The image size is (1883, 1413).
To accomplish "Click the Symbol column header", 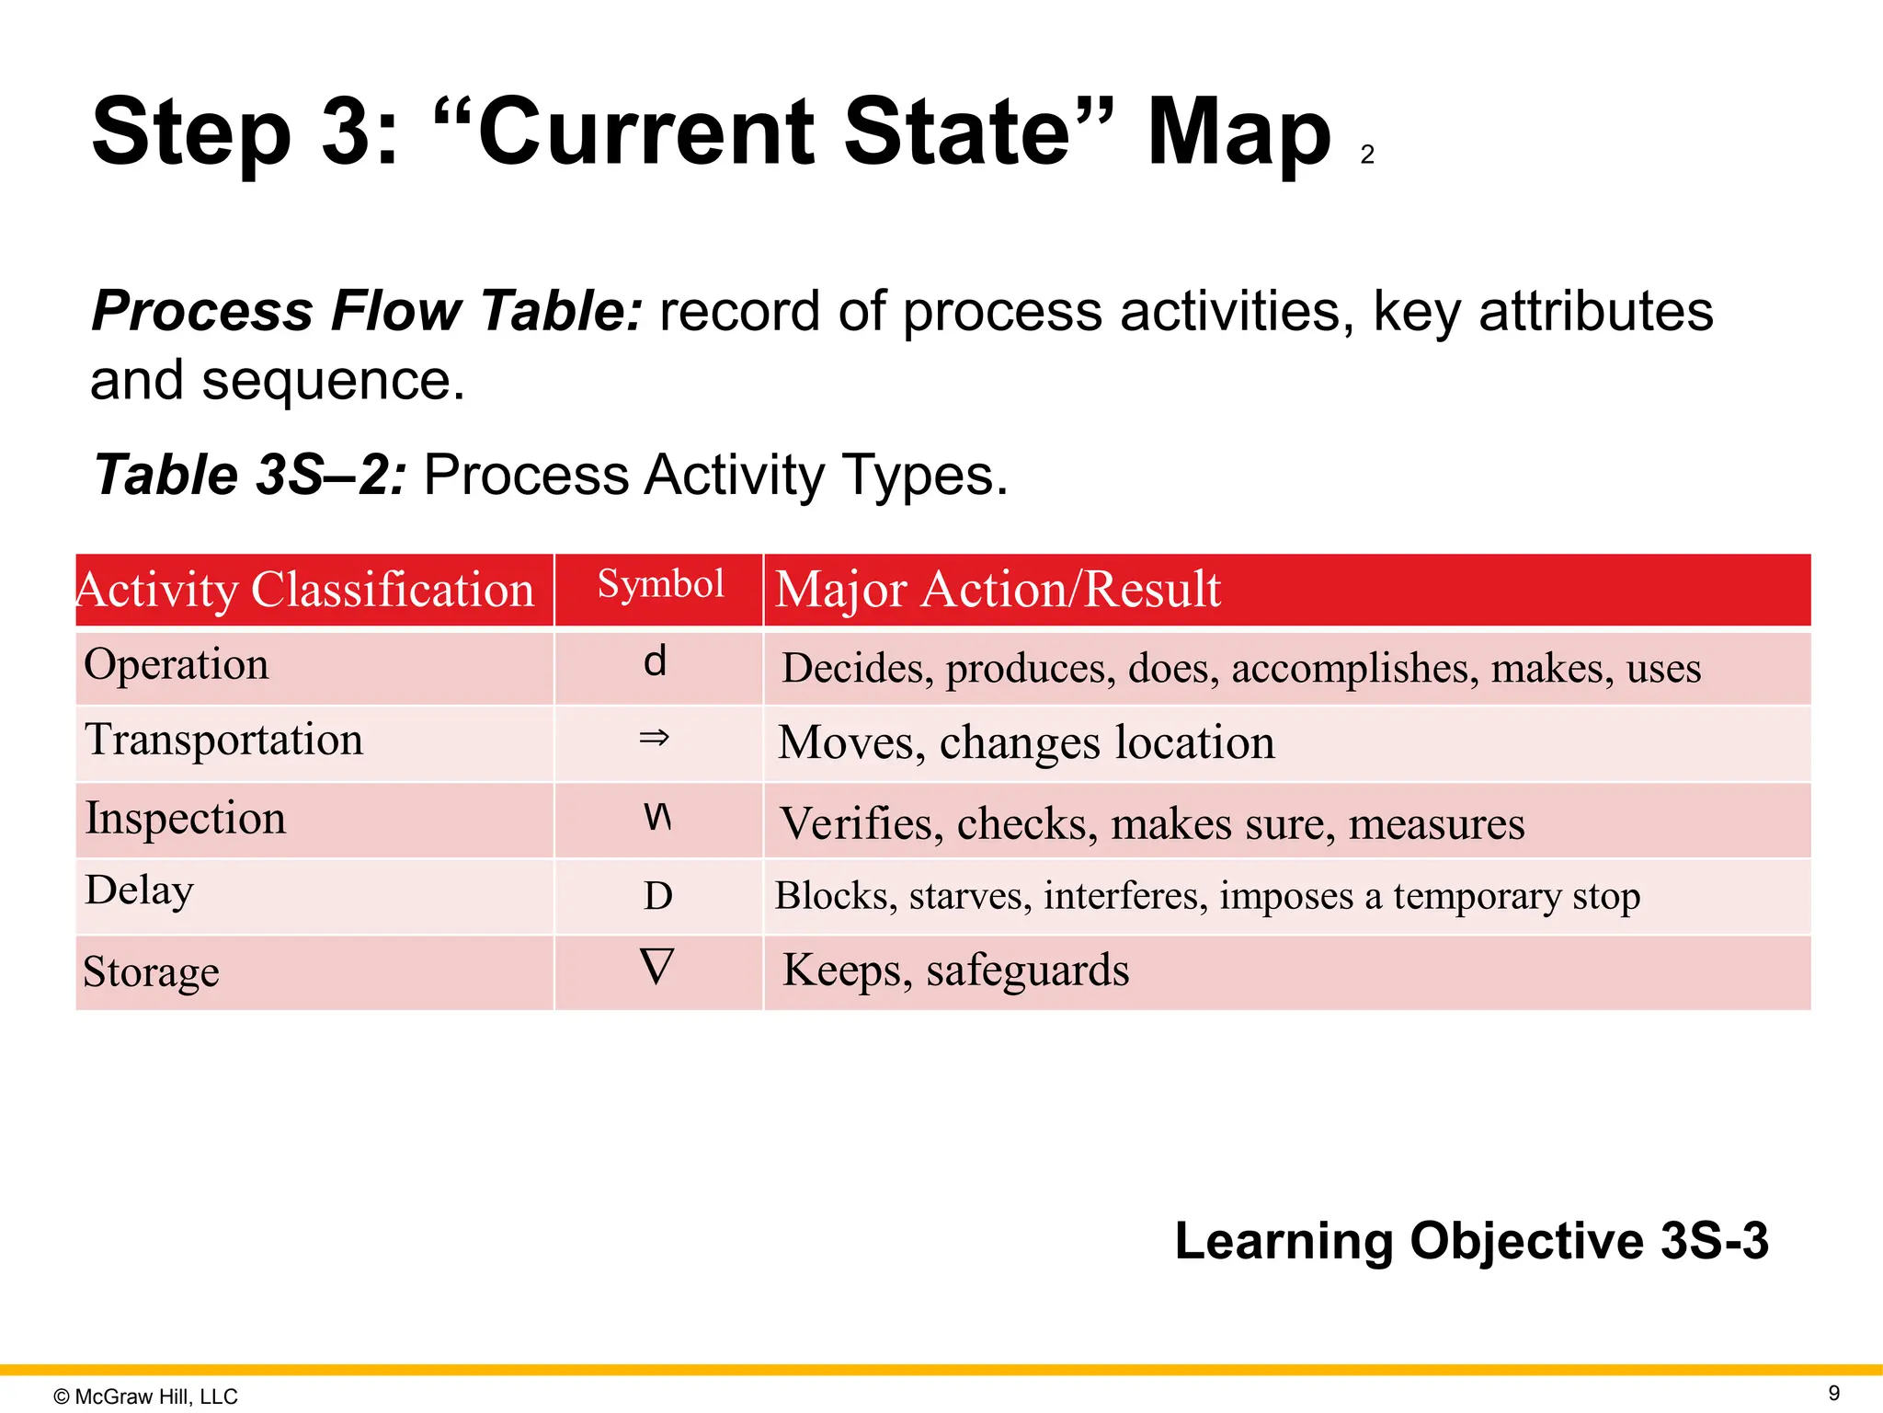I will (x=660, y=585).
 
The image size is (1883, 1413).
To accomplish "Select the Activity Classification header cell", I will (x=305, y=590).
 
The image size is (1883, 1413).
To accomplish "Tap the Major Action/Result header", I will (x=998, y=590).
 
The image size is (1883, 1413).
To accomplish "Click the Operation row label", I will (x=177, y=664).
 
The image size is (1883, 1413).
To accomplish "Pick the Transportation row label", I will (x=224, y=740).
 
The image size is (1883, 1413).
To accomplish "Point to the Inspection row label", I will (x=186, y=818).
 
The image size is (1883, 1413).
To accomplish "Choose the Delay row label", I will (x=140, y=890).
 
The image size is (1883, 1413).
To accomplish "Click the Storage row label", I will (x=152, y=971).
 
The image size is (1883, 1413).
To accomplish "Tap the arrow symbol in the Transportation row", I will (x=655, y=738).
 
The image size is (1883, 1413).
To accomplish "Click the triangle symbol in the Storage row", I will (x=656, y=968).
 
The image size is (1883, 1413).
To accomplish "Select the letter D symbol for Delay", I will (x=658, y=896).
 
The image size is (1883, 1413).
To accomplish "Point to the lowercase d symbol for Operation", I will (x=655, y=661).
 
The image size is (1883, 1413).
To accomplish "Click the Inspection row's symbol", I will (x=657, y=816).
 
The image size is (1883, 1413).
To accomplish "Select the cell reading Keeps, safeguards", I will (x=956, y=971).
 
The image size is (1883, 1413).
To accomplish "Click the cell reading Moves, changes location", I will (x=1026, y=742).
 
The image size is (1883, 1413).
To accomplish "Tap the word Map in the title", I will (x=1238, y=132).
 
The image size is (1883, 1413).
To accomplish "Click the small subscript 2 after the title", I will (x=1367, y=155).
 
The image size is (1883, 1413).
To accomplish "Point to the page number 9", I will (x=1833, y=1393).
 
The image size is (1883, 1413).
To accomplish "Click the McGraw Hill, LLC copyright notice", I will (x=146, y=1396).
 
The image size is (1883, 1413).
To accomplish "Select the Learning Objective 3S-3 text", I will (x=1471, y=1240).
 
